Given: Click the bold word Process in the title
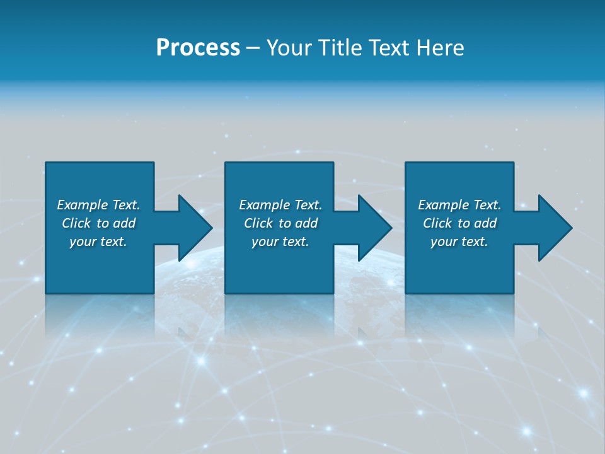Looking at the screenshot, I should click(198, 48).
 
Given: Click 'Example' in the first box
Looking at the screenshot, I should click(83, 205).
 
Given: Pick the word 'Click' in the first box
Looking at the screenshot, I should click(77, 223).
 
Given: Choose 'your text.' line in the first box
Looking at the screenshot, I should click(98, 242).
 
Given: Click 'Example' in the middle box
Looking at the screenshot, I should click(265, 205).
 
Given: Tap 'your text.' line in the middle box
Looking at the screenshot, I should click(280, 242).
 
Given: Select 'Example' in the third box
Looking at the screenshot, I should click(444, 205).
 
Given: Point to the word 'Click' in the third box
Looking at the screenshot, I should click(438, 223).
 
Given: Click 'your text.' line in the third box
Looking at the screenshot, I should click(459, 242).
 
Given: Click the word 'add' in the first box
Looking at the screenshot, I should click(125, 223).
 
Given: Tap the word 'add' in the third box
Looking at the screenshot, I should click(486, 223).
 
